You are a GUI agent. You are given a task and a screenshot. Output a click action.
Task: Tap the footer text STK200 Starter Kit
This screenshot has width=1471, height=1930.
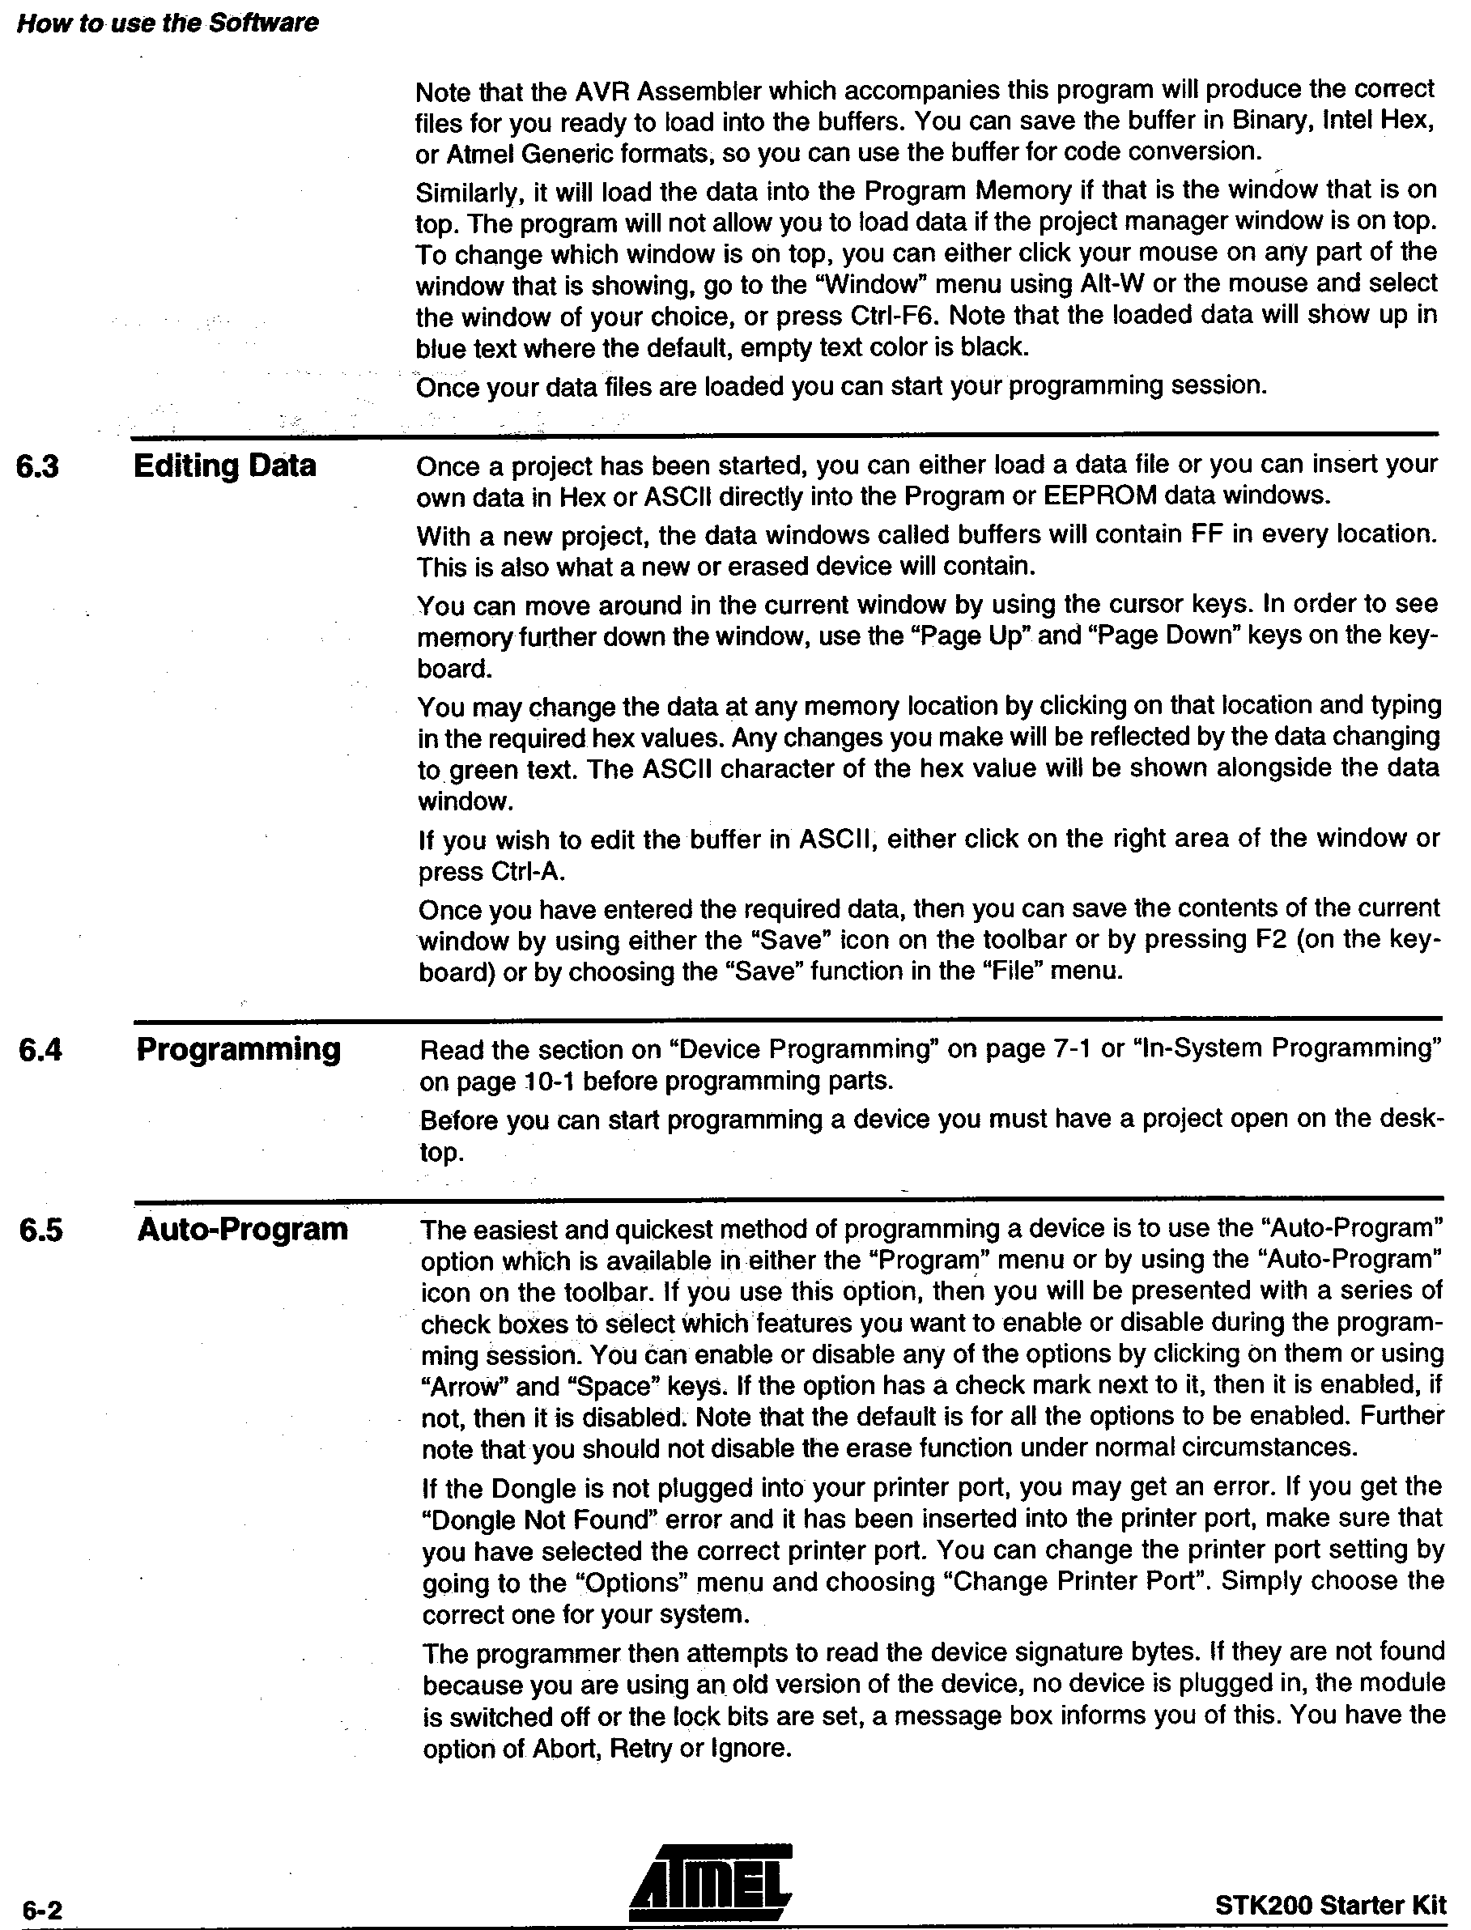coord(1330,1905)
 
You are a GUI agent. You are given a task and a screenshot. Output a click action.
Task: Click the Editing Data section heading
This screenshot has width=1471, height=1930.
coord(224,465)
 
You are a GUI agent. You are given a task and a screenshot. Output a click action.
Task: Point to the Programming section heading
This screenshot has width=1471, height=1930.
coord(238,1048)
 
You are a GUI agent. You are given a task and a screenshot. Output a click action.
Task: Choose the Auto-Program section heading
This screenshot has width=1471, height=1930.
coord(242,1230)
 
